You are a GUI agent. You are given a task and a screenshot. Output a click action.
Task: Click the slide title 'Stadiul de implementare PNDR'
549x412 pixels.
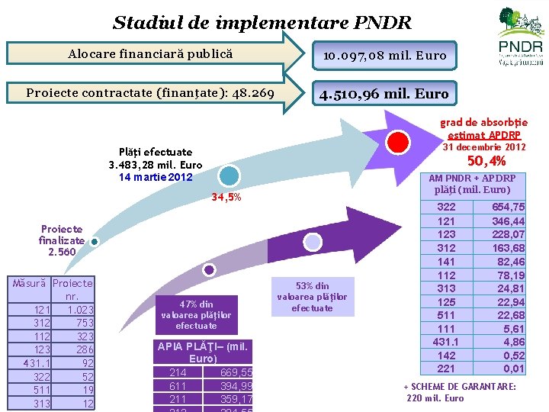(262, 22)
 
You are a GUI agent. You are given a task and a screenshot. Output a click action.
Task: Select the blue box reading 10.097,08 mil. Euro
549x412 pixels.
(384, 55)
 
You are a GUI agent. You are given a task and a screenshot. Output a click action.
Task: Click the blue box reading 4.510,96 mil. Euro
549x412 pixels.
(384, 94)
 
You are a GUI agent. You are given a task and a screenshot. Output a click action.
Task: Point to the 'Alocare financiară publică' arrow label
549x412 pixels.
(150, 54)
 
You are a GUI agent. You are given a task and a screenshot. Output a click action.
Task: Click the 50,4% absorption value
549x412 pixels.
(486, 161)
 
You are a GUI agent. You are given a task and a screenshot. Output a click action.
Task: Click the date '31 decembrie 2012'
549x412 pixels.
(484, 146)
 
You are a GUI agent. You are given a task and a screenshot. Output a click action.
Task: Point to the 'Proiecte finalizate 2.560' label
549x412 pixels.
(62, 240)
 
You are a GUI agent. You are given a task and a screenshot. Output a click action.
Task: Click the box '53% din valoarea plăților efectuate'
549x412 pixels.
(312, 297)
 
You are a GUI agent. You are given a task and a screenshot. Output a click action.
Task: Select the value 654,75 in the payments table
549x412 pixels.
(508, 207)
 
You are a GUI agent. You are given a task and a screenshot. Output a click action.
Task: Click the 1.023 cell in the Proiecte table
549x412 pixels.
(79, 310)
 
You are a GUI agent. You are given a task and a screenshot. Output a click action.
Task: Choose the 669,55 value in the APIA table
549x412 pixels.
(236, 372)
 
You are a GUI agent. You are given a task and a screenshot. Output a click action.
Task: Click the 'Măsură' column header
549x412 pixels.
(31, 283)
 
